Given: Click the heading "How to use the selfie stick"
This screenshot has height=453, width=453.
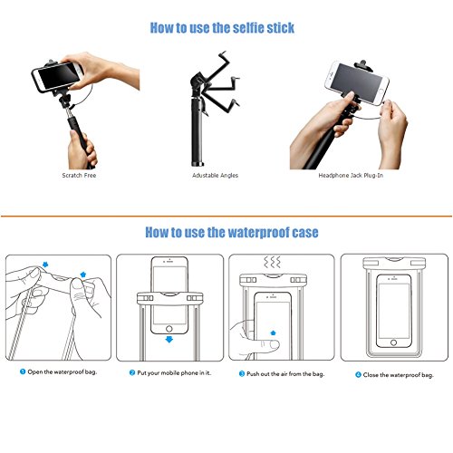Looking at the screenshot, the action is (x=222, y=28).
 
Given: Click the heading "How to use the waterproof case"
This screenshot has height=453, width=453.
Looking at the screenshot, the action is (x=232, y=232).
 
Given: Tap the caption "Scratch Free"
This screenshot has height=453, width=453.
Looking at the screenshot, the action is (x=79, y=175).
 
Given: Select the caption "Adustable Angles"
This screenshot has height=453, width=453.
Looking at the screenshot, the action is (x=215, y=176).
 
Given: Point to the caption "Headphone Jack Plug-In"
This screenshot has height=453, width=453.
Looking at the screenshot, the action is (x=351, y=176).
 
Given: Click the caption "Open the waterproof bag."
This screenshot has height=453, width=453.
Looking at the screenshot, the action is (x=63, y=371).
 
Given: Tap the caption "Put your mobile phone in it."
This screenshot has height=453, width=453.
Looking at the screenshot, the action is (x=174, y=373).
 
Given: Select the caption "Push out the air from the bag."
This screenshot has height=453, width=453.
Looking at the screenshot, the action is (x=285, y=374).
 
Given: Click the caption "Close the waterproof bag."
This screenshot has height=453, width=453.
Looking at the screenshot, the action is (x=399, y=375).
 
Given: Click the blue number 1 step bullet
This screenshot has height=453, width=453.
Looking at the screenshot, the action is (x=23, y=371).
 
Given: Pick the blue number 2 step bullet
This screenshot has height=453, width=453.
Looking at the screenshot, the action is (x=132, y=372).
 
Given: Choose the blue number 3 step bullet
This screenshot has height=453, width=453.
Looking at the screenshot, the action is (x=242, y=373).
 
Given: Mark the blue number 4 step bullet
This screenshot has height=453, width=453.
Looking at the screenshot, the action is (x=358, y=375).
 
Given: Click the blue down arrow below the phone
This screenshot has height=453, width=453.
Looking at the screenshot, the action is (x=169, y=339).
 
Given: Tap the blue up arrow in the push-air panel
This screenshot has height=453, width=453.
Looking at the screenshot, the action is (x=273, y=333).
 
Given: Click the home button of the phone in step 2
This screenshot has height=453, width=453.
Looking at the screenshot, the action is (x=169, y=328).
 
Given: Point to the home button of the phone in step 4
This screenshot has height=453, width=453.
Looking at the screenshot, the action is (x=393, y=342).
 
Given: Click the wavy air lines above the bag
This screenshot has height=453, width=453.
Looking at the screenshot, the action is (x=272, y=263).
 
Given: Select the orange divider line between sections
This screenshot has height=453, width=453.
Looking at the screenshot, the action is (x=226, y=217).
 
